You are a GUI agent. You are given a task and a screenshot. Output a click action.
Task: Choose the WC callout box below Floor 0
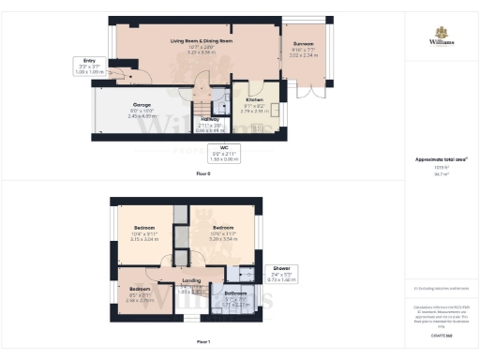(223, 152)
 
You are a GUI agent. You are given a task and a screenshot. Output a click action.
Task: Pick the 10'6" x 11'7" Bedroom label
(222, 228)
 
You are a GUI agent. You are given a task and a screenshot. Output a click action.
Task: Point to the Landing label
(190, 280)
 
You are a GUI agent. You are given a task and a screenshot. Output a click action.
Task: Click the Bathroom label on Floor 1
(235, 294)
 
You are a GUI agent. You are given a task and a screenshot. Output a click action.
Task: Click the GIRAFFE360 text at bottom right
(441, 332)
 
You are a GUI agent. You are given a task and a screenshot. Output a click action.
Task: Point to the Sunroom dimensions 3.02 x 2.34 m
(305, 55)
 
